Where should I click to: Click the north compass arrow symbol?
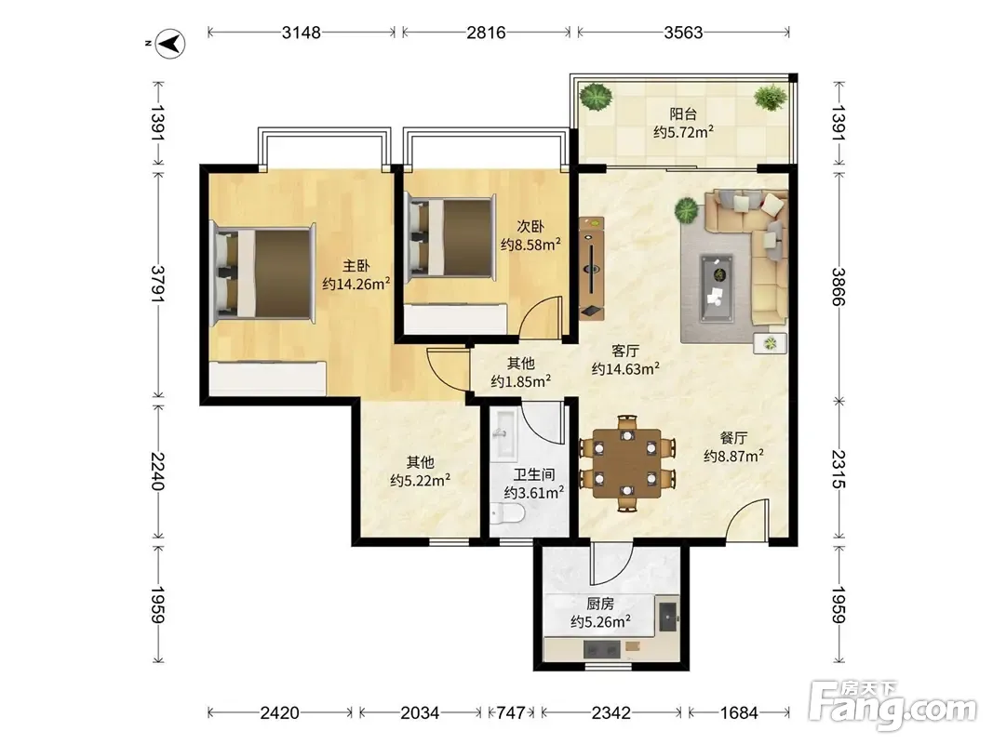tap(170, 44)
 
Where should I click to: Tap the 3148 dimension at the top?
tap(302, 33)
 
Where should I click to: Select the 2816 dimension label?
tap(487, 33)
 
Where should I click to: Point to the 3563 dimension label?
tap(683, 33)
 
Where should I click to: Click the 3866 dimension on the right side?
tap(839, 286)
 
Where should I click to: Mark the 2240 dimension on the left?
tap(157, 472)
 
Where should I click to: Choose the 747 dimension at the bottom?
tap(510, 713)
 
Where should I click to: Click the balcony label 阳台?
tap(683, 113)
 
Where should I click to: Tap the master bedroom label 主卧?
tap(356, 266)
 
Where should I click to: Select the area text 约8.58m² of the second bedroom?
tap(530, 245)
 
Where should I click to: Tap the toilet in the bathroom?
tap(507, 513)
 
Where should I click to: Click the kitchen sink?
tap(667, 614)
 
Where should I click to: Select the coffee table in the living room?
tap(717, 288)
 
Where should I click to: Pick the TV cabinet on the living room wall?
tap(592, 268)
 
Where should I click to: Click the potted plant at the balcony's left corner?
tap(596, 98)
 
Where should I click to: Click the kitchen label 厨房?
tap(599, 604)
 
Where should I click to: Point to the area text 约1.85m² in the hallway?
tap(520, 381)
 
